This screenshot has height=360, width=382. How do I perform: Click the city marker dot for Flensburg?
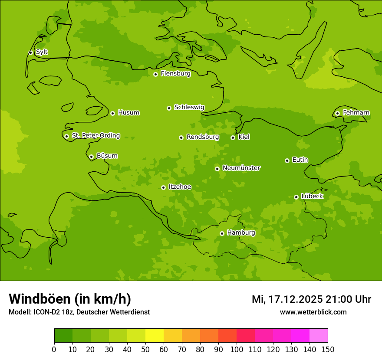pyautogui.click(x=155, y=74)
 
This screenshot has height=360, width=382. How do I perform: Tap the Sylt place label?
pyautogui.click(x=42, y=52)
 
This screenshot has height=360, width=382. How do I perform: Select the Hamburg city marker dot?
pyautogui.click(x=222, y=233)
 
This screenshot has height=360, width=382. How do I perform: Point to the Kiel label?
pyautogui.click(x=244, y=137)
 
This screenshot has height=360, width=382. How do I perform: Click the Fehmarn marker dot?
pyautogui.click(x=337, y=113)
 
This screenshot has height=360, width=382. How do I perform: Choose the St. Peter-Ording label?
pyautogui.click(x=96, y=136)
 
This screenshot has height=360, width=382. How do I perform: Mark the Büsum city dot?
pyautogui.click(x=91, y=157)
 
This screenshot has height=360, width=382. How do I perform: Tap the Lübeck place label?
pyautogui.click(x=312, y=196)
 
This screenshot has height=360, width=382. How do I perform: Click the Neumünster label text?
pyautogui.click(x=241, y=168)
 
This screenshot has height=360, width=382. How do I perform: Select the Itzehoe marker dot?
pyautogui.click(x=163, y=187)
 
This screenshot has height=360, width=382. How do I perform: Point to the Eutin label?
pyautogui.click(x=300, y=160)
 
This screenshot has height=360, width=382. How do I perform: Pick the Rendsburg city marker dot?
pyautogui.click(x=181, y=137)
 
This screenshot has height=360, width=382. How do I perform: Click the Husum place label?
pyautogui.click(x=128, y=113)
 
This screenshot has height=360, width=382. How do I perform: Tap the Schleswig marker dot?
pyautogui.click(x=169, y=108)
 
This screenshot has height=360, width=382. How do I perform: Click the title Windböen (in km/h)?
pyautogui.click(x=70, y=299)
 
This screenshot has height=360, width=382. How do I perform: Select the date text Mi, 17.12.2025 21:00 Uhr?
pyautogui.click(x=311, y=299)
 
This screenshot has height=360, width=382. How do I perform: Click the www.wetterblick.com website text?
pyautogui.click(x=313, y=312)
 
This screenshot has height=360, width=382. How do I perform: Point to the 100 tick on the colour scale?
pyautogui.click(x=237, y=349)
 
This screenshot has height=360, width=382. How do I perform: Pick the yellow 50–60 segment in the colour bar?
pyautogui.click(x=155, y=336)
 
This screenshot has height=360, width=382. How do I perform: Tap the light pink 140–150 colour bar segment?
pyautogui.click(x=319, y=336)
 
